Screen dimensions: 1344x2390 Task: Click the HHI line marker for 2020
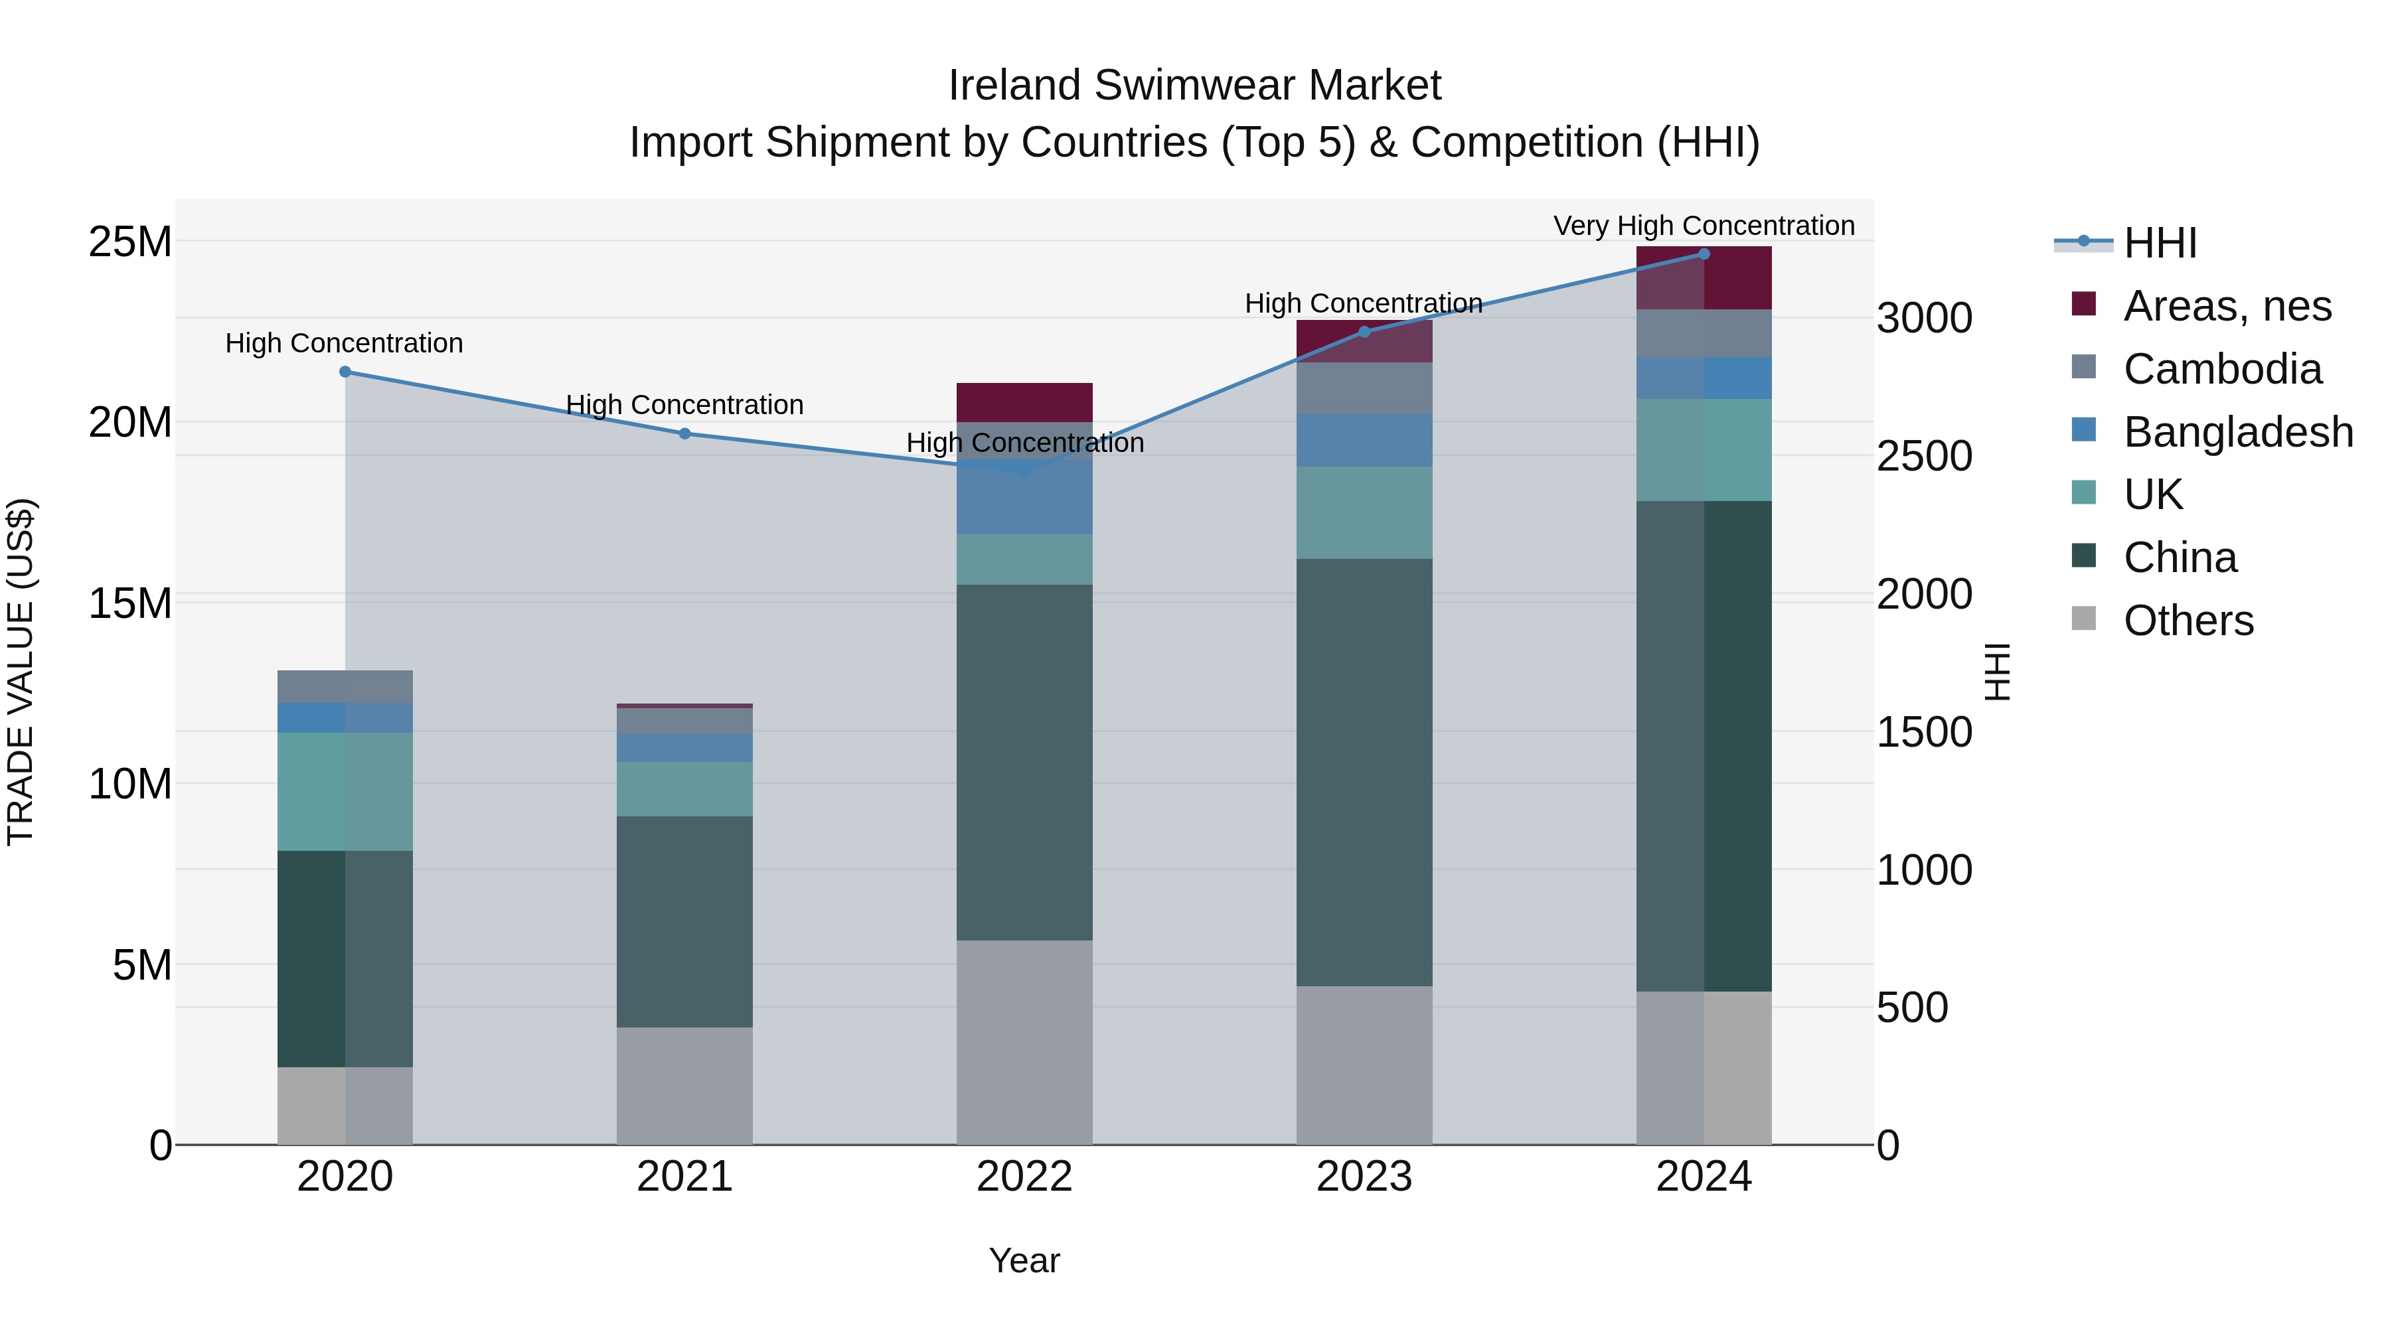tap(345, 372)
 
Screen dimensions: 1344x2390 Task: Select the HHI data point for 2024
tap(1704, 254)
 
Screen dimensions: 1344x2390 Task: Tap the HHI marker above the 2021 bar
tap(684, 433)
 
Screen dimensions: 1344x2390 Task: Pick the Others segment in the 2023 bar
tap(1364, 1064)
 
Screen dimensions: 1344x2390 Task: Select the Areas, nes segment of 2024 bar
tap(1704, 277)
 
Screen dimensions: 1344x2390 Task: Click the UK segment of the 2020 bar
tap(345, 791)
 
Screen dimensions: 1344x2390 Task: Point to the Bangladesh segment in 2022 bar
tap(1024, 496)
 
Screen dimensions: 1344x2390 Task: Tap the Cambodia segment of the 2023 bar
tap(1364, 388)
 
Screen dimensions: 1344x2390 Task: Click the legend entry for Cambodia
tap(2222, 369)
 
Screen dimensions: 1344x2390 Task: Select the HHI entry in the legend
tap(2160, 243)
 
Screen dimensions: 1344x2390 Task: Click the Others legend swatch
tap(2084, 619)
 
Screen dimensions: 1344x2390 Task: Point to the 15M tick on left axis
tap(130, 603)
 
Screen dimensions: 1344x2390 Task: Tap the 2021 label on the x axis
tap(684, 1177)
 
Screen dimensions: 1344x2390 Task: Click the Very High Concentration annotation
tap(1704, 226)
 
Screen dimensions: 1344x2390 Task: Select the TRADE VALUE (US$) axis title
tap(21, 672)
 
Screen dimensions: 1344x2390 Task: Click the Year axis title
tap(1024, 1260)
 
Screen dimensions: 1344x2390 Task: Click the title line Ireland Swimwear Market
tap(1194, 86)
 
